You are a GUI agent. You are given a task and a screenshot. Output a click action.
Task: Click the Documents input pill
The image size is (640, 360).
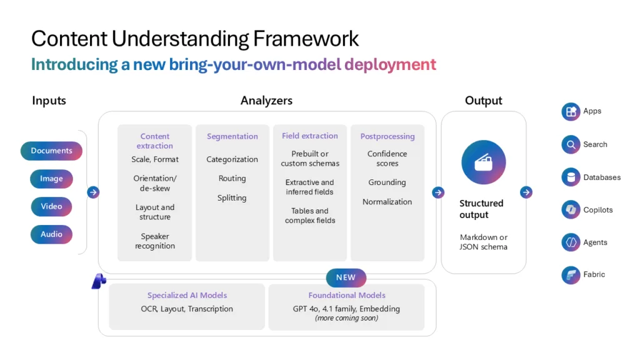[x=51, y=151]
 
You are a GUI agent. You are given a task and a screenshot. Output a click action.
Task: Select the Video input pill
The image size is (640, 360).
[x=51, y=206]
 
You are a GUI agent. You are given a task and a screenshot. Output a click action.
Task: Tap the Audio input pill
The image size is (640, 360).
[x=51, y=234]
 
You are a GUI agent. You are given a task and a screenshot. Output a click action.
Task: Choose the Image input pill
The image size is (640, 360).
[x=51, y=179]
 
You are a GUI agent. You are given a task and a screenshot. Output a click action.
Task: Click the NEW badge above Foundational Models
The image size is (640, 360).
[x=346, y=277]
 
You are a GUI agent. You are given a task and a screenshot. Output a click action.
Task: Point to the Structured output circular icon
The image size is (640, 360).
[x=483, y=162]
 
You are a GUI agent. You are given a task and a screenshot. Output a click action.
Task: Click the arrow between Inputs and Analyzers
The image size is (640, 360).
[x=93, y=192]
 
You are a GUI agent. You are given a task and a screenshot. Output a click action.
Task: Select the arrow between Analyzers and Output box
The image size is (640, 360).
[x=438, y=192]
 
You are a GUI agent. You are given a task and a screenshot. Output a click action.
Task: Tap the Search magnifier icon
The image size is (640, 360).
[x=571, y=144]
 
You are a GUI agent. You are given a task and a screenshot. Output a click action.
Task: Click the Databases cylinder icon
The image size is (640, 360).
[x=571, y=177]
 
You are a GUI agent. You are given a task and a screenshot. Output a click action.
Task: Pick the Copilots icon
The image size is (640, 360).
[x=571, y=210]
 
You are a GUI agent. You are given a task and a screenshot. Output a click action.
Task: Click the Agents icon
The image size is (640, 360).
[x=571, y=242]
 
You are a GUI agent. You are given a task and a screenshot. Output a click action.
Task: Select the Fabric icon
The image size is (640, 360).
[x=571, y=274]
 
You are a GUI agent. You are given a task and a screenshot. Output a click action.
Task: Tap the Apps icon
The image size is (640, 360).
[x=571, y=111]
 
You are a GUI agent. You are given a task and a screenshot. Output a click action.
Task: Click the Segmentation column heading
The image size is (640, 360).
[x=232, y=136]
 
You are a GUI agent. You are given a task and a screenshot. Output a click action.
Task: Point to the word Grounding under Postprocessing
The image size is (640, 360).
[x=387, y=182]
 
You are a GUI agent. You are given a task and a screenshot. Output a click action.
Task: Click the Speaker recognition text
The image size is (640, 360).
[x=155, y=241]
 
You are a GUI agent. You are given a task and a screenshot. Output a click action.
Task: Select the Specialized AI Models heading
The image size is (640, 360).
[x=187, y=295]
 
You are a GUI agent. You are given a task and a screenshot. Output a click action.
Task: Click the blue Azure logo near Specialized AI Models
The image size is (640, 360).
[x=98, y=282]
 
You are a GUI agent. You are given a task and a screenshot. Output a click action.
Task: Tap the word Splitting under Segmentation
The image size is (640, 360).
[x=232, y=197]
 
